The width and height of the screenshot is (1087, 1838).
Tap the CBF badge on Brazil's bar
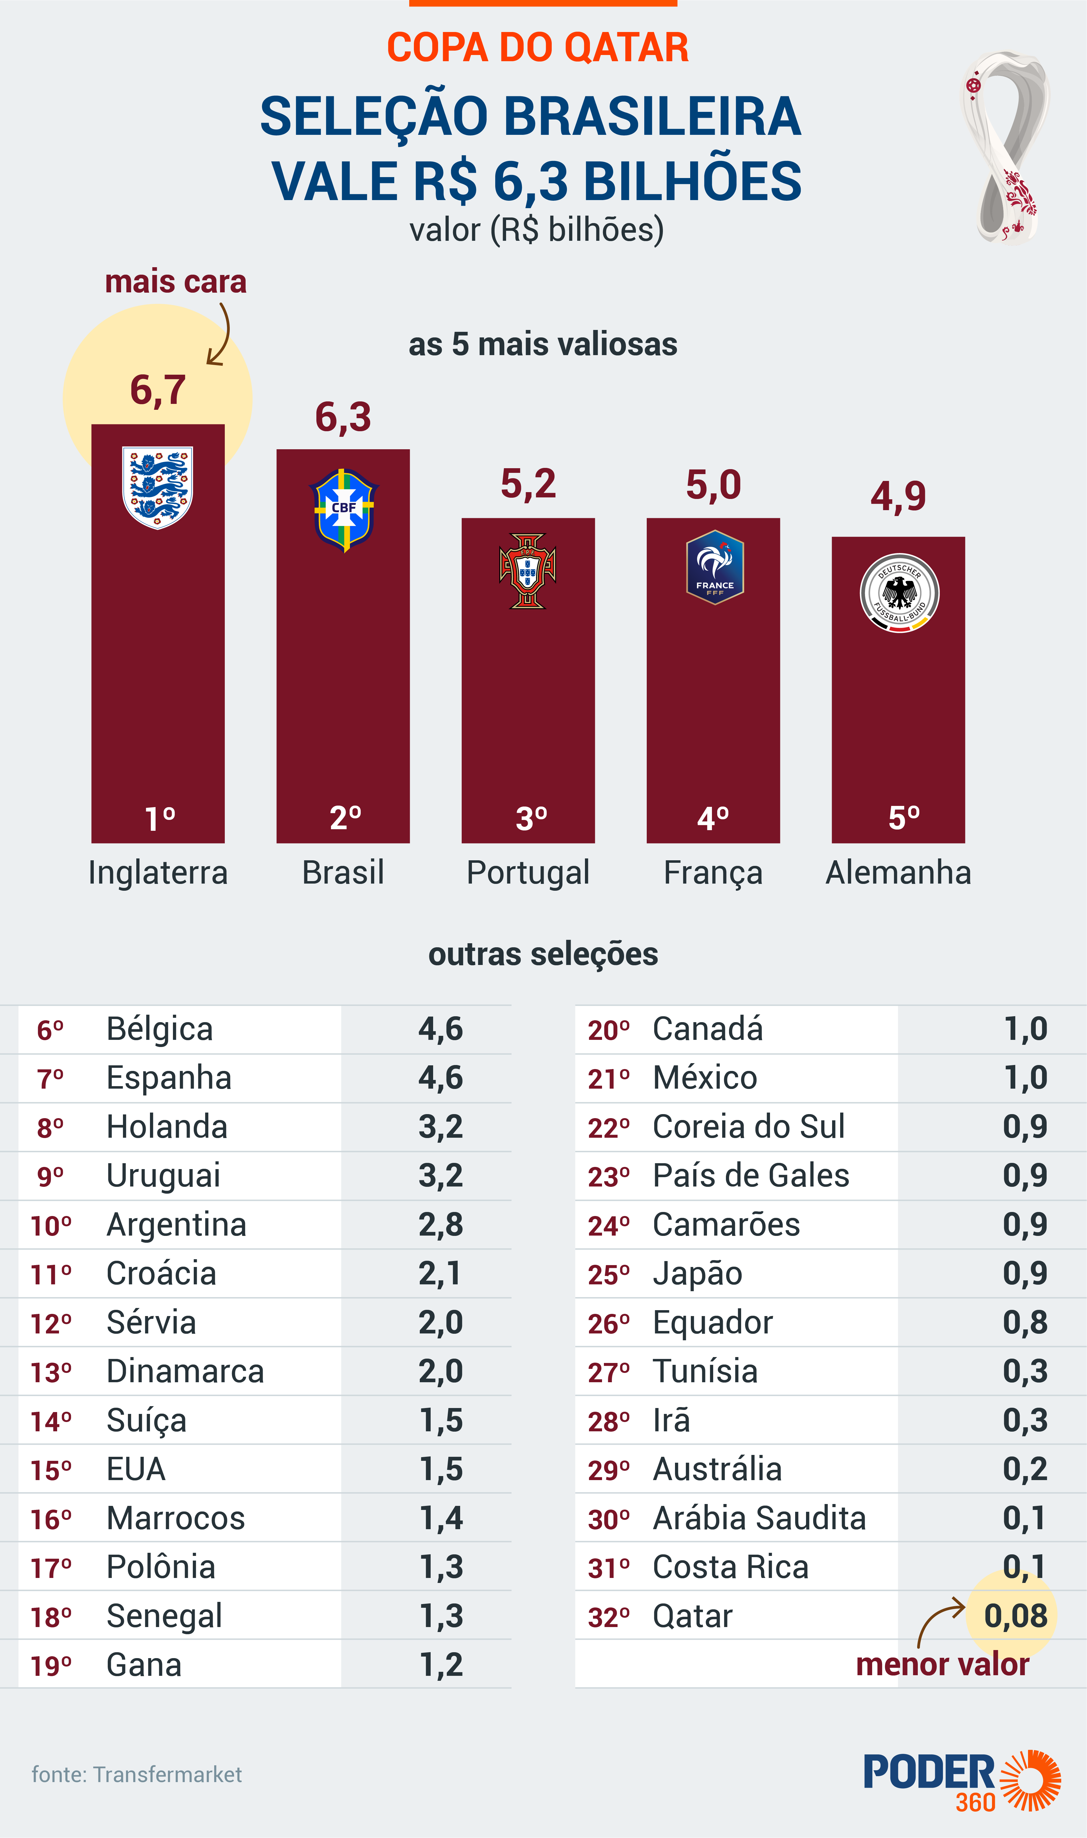point(343,509)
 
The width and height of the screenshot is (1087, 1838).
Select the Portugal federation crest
point(528,571)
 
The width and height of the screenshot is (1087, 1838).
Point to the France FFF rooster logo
point(714,566)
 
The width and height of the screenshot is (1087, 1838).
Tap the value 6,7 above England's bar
point(157,390)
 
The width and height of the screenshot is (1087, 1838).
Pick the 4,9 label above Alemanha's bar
point(898,496)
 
